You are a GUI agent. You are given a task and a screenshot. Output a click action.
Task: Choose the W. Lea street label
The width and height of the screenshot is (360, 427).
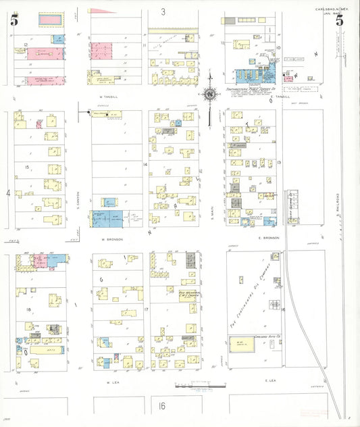[112, 382]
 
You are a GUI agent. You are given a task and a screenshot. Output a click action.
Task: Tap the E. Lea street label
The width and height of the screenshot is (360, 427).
[271, 381]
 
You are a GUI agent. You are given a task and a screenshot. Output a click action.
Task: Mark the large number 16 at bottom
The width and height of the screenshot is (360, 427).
[162, 406]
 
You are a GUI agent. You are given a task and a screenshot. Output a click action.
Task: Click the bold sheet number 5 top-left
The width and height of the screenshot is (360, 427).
[14, 20]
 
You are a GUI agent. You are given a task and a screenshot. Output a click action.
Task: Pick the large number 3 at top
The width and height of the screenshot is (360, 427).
[163, 11]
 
